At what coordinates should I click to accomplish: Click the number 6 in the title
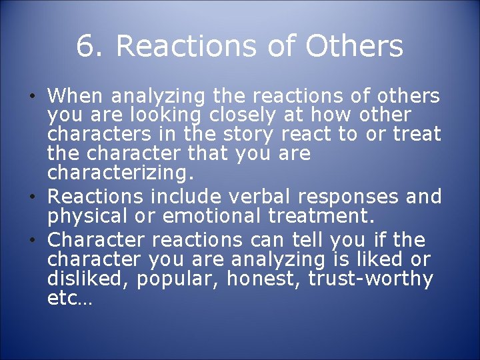(85, 47)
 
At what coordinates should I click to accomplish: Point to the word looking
(153, 115)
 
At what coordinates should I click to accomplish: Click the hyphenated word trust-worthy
(371, 279)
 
